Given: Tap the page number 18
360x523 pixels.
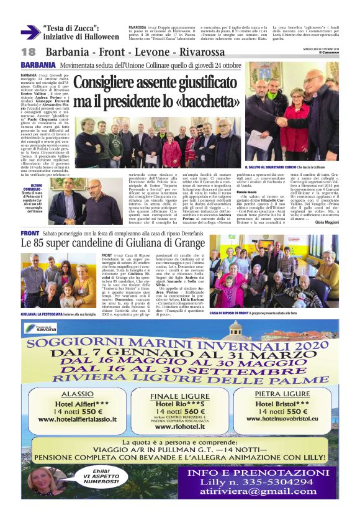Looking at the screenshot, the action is pyautogui.click(x=28, y=52).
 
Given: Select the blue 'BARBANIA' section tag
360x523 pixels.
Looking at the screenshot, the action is pyautogui.click(x=38, y=65).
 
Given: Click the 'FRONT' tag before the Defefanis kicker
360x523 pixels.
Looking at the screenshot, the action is pyautogui.click(x=30, y=233).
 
